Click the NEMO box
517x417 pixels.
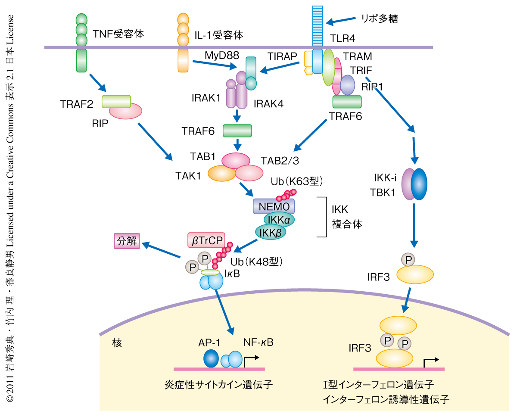pos(274,206)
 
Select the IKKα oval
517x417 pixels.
pos(279,220)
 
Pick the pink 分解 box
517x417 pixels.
pos(127,241)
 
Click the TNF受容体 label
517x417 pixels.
pos(118,34)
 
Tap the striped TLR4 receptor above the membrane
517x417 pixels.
pos(318,26)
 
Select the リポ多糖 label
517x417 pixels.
pos(380,18)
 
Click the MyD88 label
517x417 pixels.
pos(220,56)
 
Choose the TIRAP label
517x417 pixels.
pos(282,56)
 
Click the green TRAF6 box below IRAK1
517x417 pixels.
pos(237,131)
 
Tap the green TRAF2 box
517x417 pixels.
pos(116,102)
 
